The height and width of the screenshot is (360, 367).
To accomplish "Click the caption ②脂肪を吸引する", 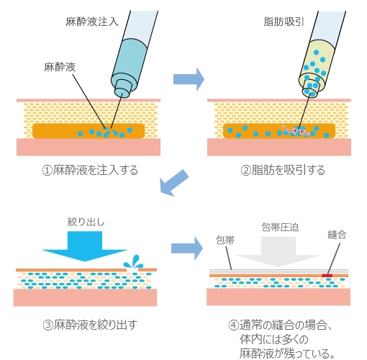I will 283,171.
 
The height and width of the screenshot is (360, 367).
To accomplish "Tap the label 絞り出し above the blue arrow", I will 85,222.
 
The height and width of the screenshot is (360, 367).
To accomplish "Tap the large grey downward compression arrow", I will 278,252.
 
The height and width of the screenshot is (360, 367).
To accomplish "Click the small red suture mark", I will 327,274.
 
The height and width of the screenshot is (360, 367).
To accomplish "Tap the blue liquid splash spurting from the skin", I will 133,264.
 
